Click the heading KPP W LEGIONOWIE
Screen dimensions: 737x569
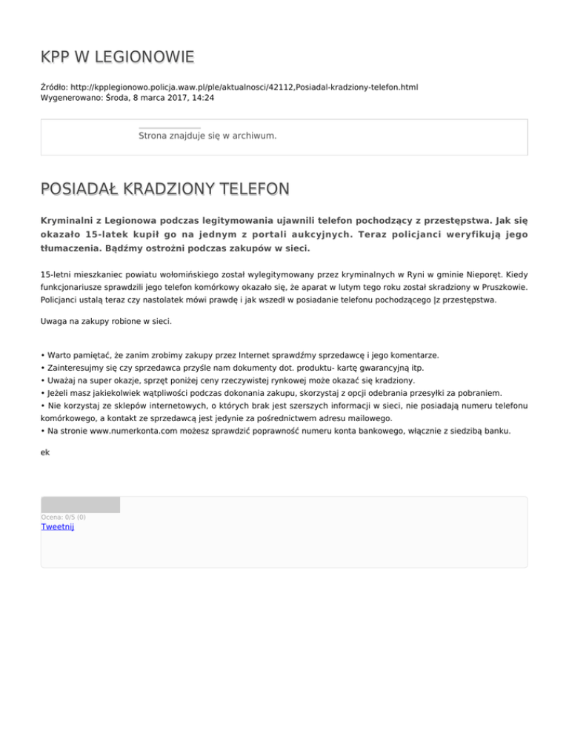coord(118,57)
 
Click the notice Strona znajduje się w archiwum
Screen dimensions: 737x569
coord(207,136)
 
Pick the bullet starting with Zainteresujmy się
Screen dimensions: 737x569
coord(237,368)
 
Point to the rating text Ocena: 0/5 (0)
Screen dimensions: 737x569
coord(63,517)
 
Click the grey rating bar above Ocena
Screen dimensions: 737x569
coord(80,505)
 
